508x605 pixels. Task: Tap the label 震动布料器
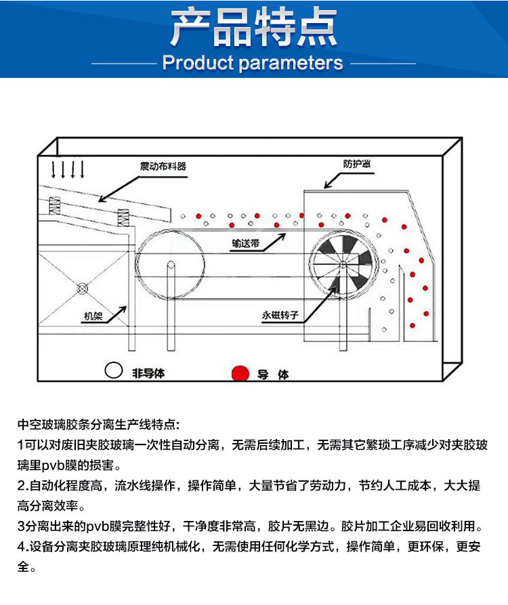pos(163,165)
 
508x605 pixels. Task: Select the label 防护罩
pos(360,163)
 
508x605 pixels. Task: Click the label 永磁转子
pos(280,315)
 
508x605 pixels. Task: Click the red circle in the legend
pos(239,373)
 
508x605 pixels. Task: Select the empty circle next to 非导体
pos(113,371)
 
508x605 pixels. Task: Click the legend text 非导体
pos(148,373)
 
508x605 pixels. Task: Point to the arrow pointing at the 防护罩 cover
pos(335,178)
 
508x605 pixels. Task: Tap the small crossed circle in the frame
pos(83,289)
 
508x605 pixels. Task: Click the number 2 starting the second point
pos(20,486)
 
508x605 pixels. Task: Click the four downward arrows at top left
pos(68,169)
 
